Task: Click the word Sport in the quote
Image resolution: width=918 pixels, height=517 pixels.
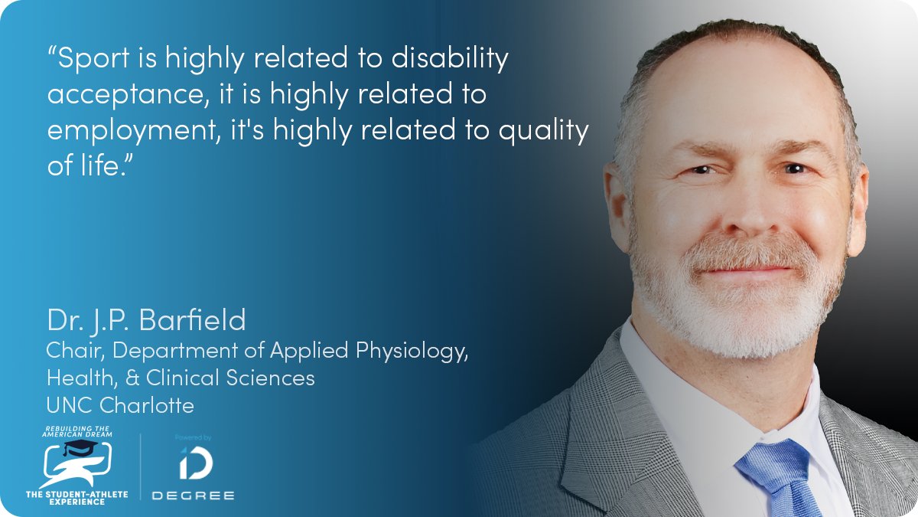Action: [x=95, y=60]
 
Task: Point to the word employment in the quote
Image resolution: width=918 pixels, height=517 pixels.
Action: [x=125, y=132]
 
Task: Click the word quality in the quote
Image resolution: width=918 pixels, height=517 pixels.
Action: [x=543, y=132]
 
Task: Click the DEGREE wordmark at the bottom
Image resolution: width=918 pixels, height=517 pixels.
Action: [x=193, y=495]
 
